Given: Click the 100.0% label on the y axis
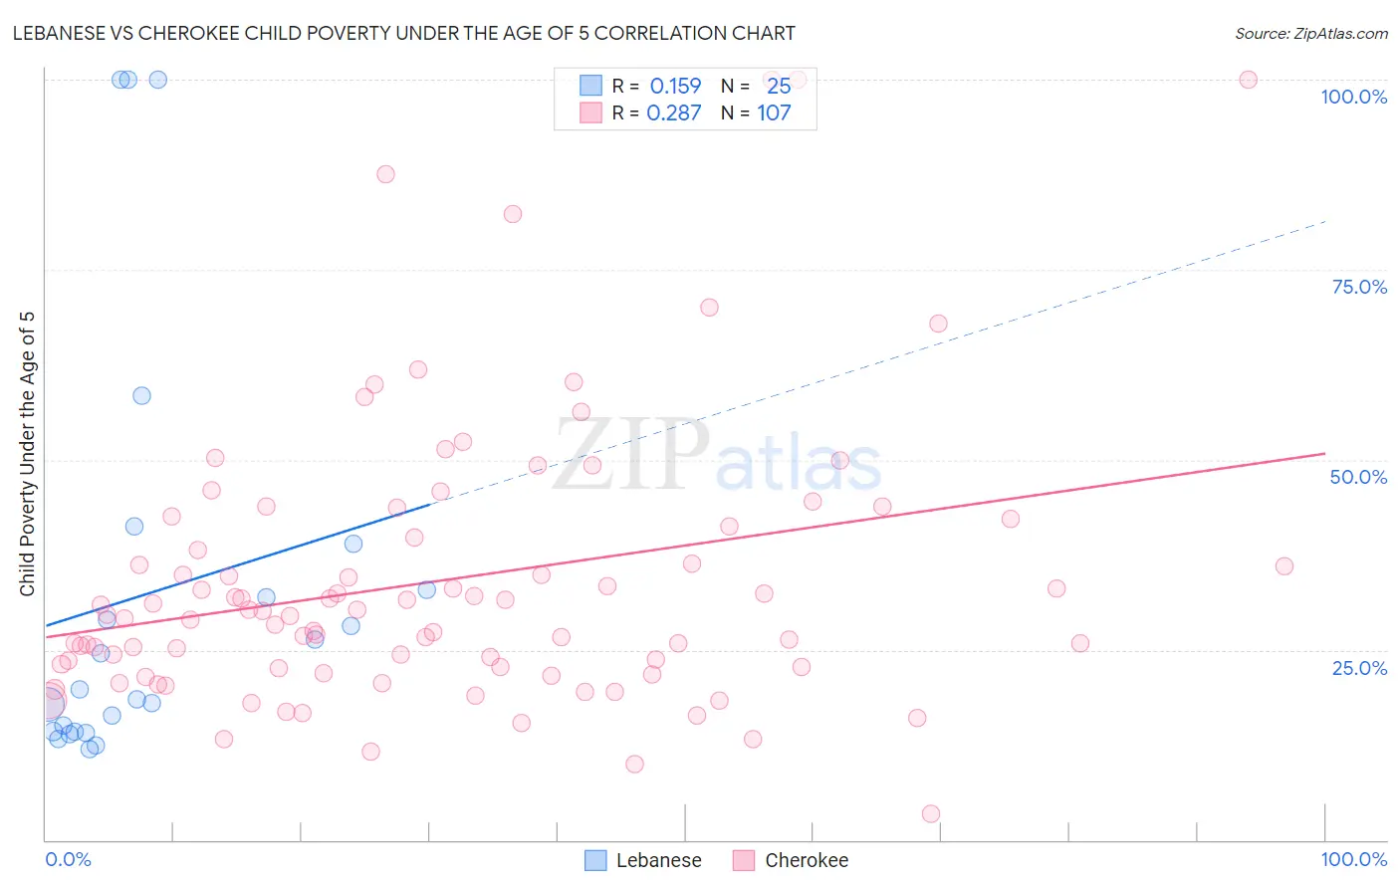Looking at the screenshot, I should (x=1353, y=97).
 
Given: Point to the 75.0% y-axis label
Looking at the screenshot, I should (x=1359, y=287).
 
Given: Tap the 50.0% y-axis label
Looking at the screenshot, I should (x=1358, y=477).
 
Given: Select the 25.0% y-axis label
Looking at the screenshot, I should (x=1359, y=667).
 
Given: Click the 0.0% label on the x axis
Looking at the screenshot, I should (x=68, y=859).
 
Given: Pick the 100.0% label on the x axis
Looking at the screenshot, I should (x=1353, y=859).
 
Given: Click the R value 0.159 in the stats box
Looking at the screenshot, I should (x=675, y=87).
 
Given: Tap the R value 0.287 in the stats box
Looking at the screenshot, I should (x=674, y=113).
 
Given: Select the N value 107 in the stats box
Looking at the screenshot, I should (x=774, y=113).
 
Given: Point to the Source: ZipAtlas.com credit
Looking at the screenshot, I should (x=1310, y=33).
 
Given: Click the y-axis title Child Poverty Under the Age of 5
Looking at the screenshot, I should (x=27, y=454).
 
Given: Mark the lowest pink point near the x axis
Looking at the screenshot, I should (x=931, y=813).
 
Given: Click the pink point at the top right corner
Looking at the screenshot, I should (x=1248, y=80).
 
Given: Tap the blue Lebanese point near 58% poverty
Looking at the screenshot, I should (x=141, y=395).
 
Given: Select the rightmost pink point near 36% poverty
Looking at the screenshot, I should (x=1283, y=566).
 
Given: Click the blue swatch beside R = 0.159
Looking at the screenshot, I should (x=590, y=86).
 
